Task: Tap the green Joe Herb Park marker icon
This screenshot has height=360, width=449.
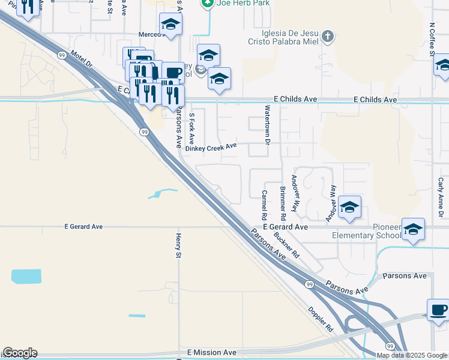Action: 207,3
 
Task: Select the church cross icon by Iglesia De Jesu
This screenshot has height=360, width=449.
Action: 327,36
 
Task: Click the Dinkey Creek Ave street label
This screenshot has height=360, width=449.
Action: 211,147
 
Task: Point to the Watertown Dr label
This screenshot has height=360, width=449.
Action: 268,125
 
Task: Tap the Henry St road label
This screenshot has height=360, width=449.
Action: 178,247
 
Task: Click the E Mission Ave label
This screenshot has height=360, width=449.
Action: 212,352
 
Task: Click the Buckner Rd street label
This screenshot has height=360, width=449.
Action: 287,244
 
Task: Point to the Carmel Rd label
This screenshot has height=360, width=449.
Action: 264,205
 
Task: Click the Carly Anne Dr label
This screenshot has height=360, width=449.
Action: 440,197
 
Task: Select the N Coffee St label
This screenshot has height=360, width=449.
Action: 432,39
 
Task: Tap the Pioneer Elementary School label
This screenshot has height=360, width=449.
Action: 366,231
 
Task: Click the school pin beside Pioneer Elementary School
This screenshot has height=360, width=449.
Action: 413,229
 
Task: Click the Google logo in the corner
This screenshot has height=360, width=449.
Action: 19,353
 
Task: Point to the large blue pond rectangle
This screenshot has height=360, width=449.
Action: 26,277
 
